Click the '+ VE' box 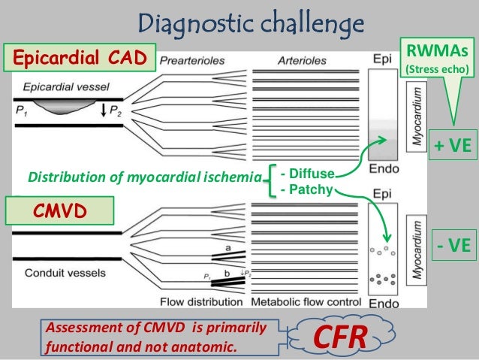click(452, 144)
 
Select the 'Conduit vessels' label click(55, 273)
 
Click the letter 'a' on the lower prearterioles click(225, 247)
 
